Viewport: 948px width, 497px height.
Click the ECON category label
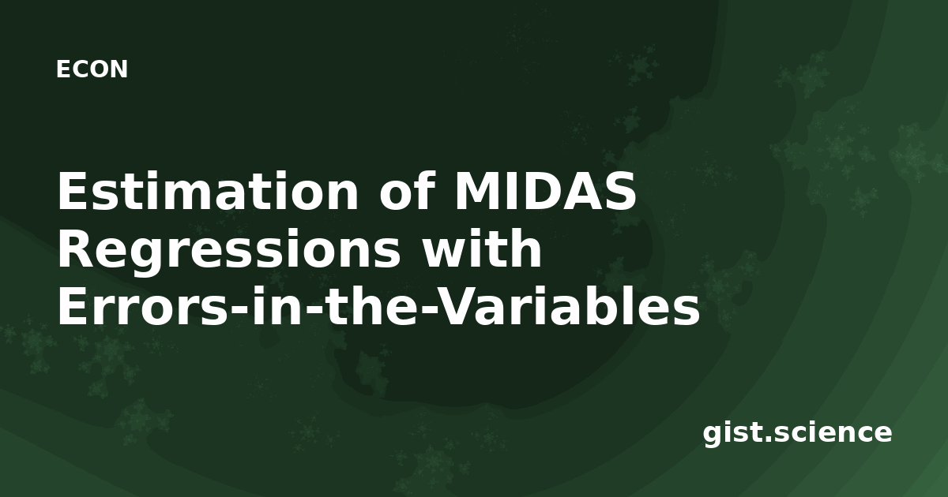pos(92,69)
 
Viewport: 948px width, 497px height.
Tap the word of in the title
pos(407,190)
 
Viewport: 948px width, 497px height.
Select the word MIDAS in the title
pos(545,191)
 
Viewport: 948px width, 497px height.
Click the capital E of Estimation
pos(73,191)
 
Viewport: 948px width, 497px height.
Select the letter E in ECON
pos(63,69)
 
